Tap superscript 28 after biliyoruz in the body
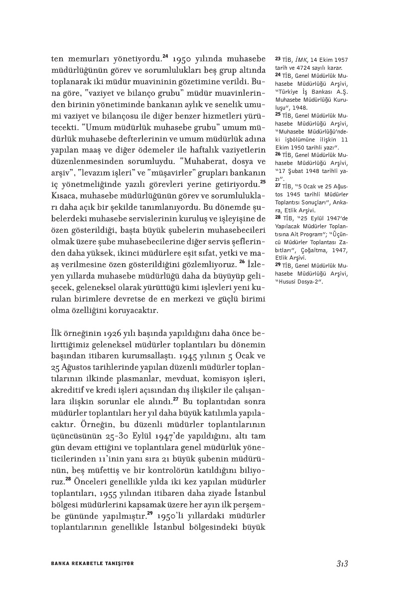click(68, 480)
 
